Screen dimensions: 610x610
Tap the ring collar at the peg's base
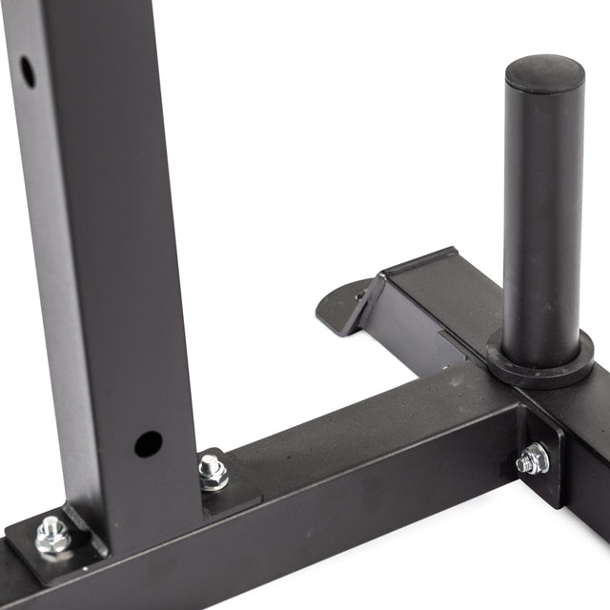click(x=539, y=361)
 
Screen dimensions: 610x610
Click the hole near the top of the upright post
click(x=27, y=71)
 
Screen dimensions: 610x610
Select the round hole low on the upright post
click(x=148, y=443)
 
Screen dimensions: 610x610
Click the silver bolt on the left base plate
click(x=52, y=536)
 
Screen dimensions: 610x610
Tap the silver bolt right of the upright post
click(x=213, y=471)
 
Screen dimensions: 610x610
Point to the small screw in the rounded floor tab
click(x=360, y=296)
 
